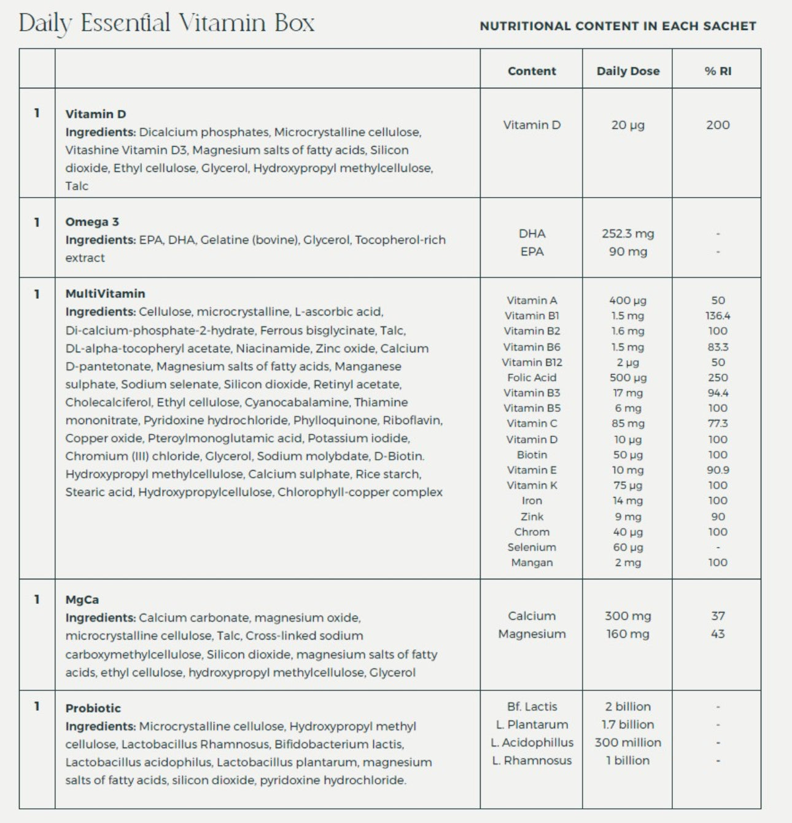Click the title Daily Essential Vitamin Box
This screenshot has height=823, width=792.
coord(166,23)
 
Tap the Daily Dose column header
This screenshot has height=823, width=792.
coord(627,71)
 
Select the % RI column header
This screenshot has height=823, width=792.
coord(718,71)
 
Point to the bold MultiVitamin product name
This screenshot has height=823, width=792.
coord(105,294)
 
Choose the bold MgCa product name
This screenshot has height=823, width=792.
coord(82,600)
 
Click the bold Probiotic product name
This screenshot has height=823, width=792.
coord(93,708)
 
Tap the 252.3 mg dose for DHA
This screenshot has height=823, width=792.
coord(627,234)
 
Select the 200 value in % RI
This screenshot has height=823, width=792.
coord(718,125)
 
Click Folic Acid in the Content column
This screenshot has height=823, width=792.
coord(532,377)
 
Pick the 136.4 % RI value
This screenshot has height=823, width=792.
coord(718,316)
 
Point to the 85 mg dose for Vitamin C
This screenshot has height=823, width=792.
coord(627,423)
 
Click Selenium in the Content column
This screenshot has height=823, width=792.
coord(532,547)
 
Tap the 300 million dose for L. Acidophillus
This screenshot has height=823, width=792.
coord(627,743)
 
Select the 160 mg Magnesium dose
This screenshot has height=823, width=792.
coord(627,634)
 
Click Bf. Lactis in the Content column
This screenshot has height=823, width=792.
coord(532,707)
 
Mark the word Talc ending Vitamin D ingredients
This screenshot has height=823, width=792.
coord(77,186)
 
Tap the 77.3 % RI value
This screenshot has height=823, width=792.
coord(718,423)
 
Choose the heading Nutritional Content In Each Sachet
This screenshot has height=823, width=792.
coord(618,26)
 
